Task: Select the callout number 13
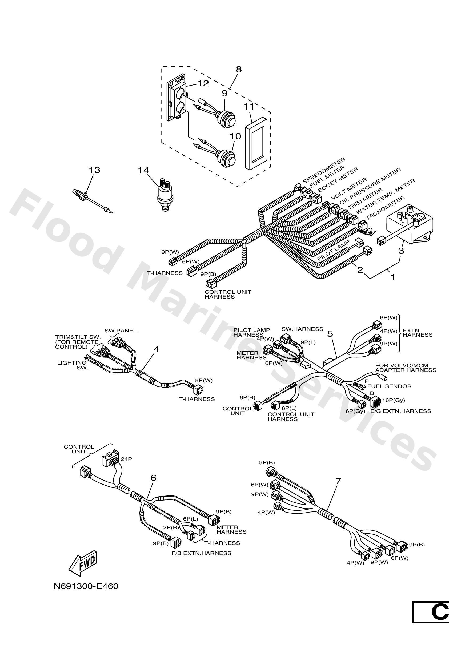click(94, 170)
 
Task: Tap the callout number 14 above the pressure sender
click(143, 170)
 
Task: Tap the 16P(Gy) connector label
click(393, 400)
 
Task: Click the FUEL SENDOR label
click(389, 386)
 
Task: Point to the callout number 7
click(338, 481)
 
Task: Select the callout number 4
click(156, 349)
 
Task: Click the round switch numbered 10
click(227, 158)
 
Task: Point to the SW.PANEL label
click(120, 330)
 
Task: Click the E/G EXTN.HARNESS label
click(401, 411)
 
